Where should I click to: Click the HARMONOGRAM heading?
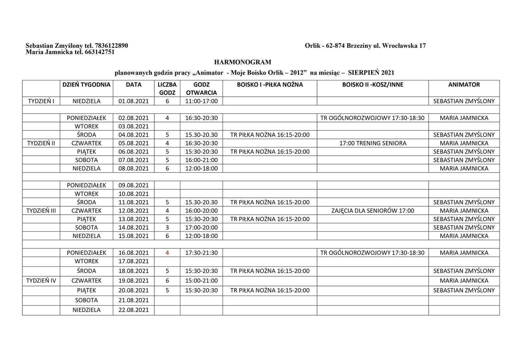242,62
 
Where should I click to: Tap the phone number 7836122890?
111,46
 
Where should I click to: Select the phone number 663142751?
100,52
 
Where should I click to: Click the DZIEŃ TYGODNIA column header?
86,85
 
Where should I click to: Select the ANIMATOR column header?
464,85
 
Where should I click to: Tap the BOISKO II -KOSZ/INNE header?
372,85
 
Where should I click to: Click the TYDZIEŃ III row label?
41,211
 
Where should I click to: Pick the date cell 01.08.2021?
133,101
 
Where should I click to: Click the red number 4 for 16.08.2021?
167,253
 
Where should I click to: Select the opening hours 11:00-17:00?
201,101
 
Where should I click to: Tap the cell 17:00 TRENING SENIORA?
373,143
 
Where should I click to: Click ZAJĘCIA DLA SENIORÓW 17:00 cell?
373,211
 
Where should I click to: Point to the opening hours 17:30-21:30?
201,253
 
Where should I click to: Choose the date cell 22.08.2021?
133,310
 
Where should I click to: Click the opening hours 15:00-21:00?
201,281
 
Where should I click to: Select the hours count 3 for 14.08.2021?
167,228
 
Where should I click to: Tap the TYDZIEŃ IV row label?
41,281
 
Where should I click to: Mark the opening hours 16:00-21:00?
201,160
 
